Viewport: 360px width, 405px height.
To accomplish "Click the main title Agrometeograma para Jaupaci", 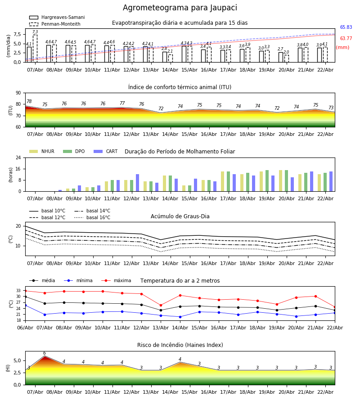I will coord(180,8).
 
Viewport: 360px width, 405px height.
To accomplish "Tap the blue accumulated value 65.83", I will coord(346,27).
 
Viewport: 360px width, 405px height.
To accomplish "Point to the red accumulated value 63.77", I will coord(346,39).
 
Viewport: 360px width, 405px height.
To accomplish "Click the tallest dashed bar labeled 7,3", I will coord(35,48).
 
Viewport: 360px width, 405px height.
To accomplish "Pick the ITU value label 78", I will coord(29,102).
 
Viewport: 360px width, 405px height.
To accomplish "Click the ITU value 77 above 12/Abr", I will coord(122,103).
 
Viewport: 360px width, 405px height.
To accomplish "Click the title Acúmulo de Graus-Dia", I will coord(180,216).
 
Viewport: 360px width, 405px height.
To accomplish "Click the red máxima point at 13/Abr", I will coord(161,305).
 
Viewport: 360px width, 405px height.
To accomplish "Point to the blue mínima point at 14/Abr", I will coord(180,317).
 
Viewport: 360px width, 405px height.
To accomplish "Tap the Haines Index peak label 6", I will coord(45,353).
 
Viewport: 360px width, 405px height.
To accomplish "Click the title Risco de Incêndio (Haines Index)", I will coord(180,345).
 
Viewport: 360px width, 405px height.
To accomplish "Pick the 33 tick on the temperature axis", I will coord(18,290).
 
